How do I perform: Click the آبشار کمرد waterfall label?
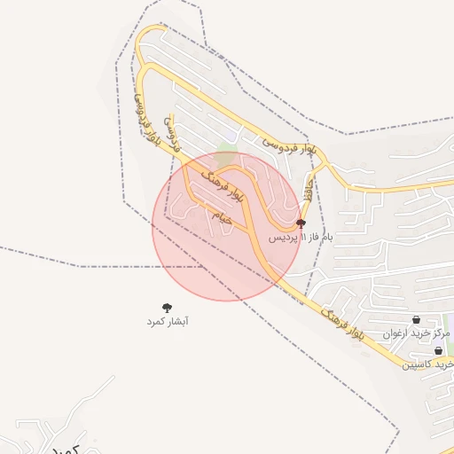[168, 322]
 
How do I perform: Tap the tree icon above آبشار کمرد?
[168, 308]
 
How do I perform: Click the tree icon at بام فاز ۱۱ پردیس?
[301, 223]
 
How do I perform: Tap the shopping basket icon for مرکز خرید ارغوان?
[416, 320]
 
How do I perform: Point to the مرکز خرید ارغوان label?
[417, 333]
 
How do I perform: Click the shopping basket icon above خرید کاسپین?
[439, 350]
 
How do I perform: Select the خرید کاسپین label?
[430, 364]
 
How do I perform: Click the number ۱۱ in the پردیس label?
[303, 238]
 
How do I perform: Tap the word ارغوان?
[398, 333]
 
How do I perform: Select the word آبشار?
[179, 322]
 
